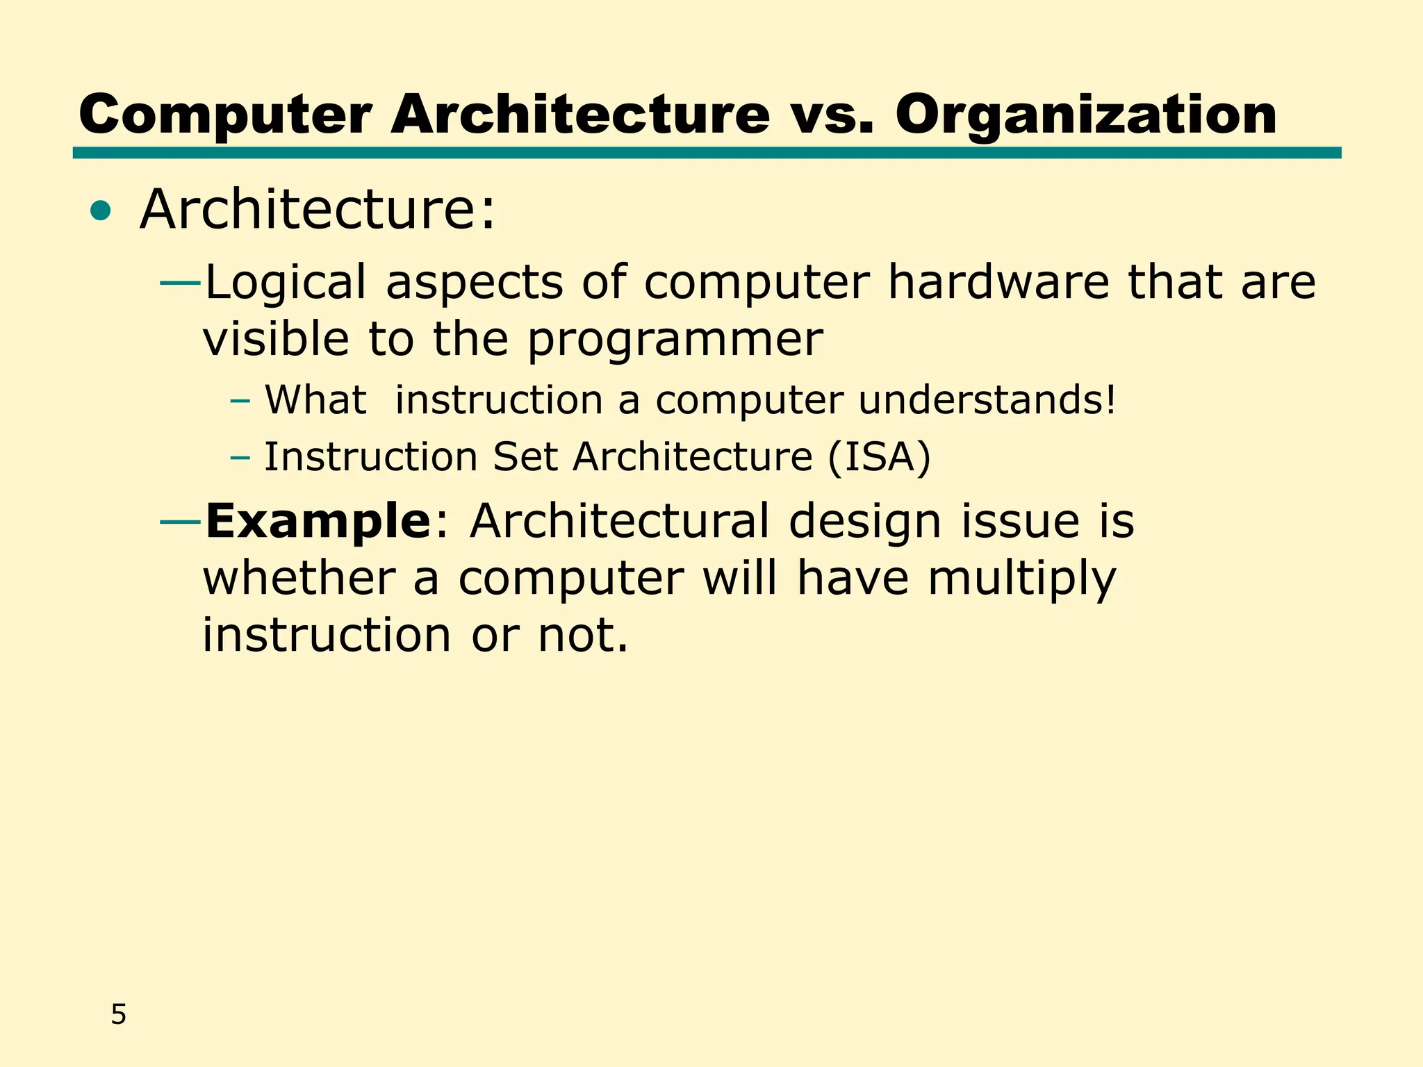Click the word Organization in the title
(1085, 115)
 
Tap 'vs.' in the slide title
(832, 115)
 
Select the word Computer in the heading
(225, 115)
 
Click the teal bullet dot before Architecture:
(101, 211)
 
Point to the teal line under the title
(707, 153)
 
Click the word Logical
(286, 283)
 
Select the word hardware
(998, 282)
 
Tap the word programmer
(675, 340)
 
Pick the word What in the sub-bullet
(315, 400)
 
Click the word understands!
(987, 400)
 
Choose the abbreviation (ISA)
(878, 457)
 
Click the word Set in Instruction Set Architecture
(525, 457)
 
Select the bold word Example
(318, 521)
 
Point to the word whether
(299, 578)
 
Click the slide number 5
(119, 1015)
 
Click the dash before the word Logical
(181, 283)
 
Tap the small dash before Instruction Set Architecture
(240, 458)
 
